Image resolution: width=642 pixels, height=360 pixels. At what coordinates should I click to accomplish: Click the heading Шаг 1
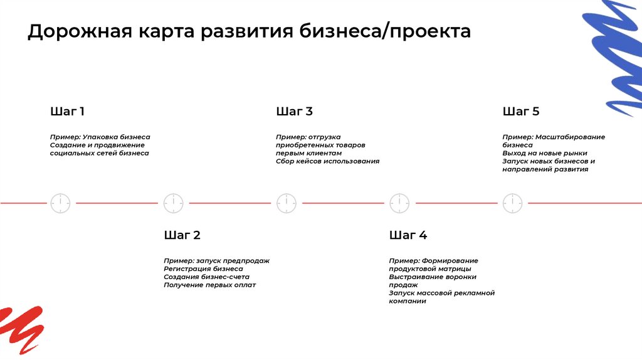click(67, 112)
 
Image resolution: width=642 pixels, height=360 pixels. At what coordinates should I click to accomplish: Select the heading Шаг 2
click(182, 235)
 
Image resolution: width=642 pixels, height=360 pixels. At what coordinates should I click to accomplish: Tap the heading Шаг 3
click(294, 112)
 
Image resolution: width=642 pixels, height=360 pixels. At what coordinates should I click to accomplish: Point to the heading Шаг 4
click(408, 235)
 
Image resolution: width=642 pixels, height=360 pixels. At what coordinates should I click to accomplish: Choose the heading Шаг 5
click(520, 112)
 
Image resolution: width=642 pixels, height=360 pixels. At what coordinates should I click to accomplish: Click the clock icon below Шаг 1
click(60, 203)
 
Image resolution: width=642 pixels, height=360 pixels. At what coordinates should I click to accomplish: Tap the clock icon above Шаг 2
click(174, 203)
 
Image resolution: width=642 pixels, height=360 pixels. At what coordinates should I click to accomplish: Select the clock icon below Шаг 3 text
click(287, 203)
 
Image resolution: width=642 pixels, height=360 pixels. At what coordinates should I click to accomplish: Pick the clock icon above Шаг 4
click(399, 203)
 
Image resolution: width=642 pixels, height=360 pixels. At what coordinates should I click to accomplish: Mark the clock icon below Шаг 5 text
click(512, 203)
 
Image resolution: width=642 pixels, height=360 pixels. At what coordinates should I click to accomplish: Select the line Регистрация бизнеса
click(203, 268)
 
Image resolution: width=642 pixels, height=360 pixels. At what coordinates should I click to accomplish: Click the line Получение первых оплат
click(209, 285)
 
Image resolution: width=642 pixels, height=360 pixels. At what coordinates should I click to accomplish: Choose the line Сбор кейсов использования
click(327, 161)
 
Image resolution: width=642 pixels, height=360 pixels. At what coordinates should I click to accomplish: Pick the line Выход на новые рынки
click(544, 153)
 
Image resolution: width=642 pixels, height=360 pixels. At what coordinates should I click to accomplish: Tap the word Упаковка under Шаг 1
click(103, 137)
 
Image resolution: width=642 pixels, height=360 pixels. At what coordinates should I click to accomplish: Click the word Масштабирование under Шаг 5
click(570, 137)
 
